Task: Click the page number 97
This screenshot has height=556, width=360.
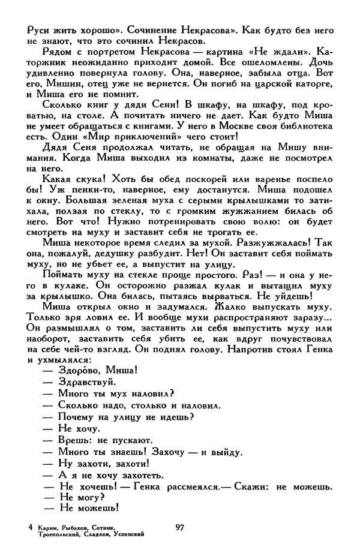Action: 179,527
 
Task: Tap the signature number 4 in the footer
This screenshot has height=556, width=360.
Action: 30,527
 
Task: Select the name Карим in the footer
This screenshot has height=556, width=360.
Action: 47,527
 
